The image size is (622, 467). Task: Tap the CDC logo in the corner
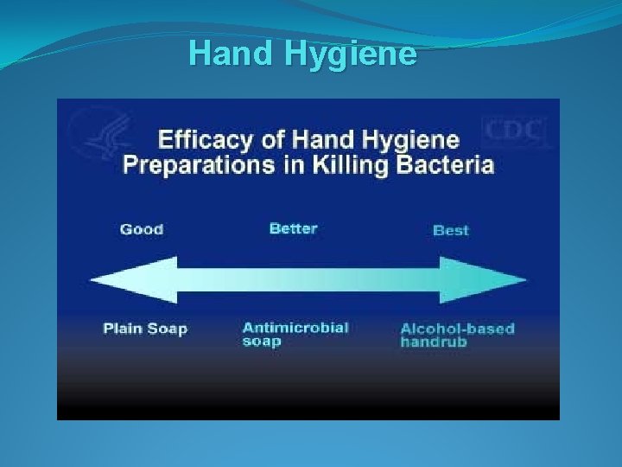pyautogui.click(x=516, y=131)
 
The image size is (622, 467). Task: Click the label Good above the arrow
pyautogui.click(x=142, y=229)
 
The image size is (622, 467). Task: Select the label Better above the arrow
pyautogui.click(x=293, y=228)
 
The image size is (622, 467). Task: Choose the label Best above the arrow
pyautogui.click(x=450, y=230)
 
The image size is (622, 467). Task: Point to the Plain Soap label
pyautogui.click(x=145, y=329)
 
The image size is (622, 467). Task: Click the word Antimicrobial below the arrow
pyautogui.click(x=295, y=328)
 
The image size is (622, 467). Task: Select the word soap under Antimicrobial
pyautogui.click(x=262, y=341)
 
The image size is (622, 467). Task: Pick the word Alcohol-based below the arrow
pyautogui.click(x=457, y=329)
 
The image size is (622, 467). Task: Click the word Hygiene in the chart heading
pyautogui.click(x=405, y=139)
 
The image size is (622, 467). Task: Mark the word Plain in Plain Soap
pyautogui.click(x=123, y=329)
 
